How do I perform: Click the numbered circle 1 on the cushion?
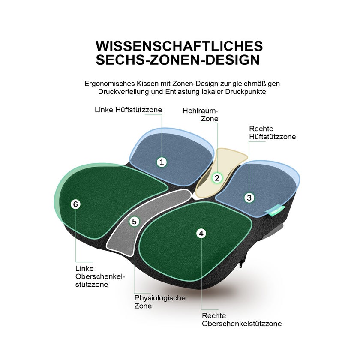[x=162, y=162]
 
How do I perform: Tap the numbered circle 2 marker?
[x=217, y=178]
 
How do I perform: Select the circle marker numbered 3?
[x=249, y=198]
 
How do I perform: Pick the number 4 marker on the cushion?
[x=201, y=234]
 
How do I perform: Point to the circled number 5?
[x=134, y=222]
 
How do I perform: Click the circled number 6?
[x=75, y=204]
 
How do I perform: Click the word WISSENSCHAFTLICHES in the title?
[x=179, y=46]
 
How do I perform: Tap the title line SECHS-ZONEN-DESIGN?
[x=178, y=60]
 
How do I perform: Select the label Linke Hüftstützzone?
[x=128, y=110]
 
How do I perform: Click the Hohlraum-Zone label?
[x=200, y=114]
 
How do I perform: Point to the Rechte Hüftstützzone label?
[x=272, y=133]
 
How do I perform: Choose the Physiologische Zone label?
[x=160, y=302]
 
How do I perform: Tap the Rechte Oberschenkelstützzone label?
[x=242, y=320]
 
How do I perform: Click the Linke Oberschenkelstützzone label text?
[x=100, y=276]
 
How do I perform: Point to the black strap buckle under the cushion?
[x=242, y=262]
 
